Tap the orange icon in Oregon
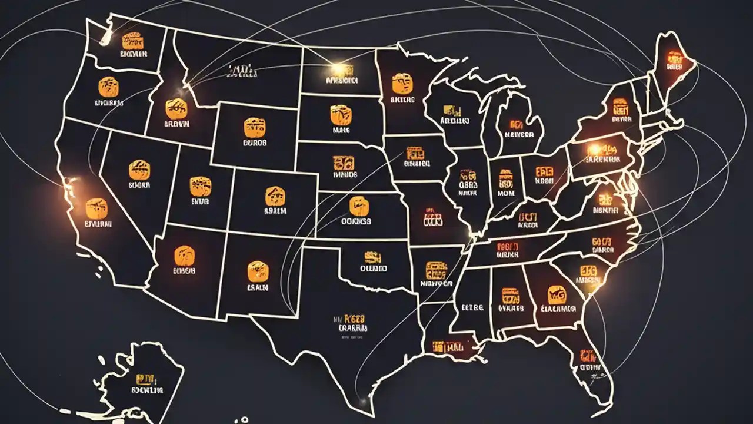[x=108, y=87]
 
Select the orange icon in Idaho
[x=176, y=108]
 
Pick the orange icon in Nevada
[x=139, y=170]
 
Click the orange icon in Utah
[x=200, y=186]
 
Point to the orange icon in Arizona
[x=184, y=255]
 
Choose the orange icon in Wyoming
[x=254, y=127]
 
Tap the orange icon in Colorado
[x=275, y=196]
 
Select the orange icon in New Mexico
[x=258, y=271]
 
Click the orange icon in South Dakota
[x=341, y=114]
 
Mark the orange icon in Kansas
[x=358, y=206]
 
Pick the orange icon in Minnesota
[x=402, y=83]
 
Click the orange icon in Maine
[x=674, y=58]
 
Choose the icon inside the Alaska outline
[x=142, y=379]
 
